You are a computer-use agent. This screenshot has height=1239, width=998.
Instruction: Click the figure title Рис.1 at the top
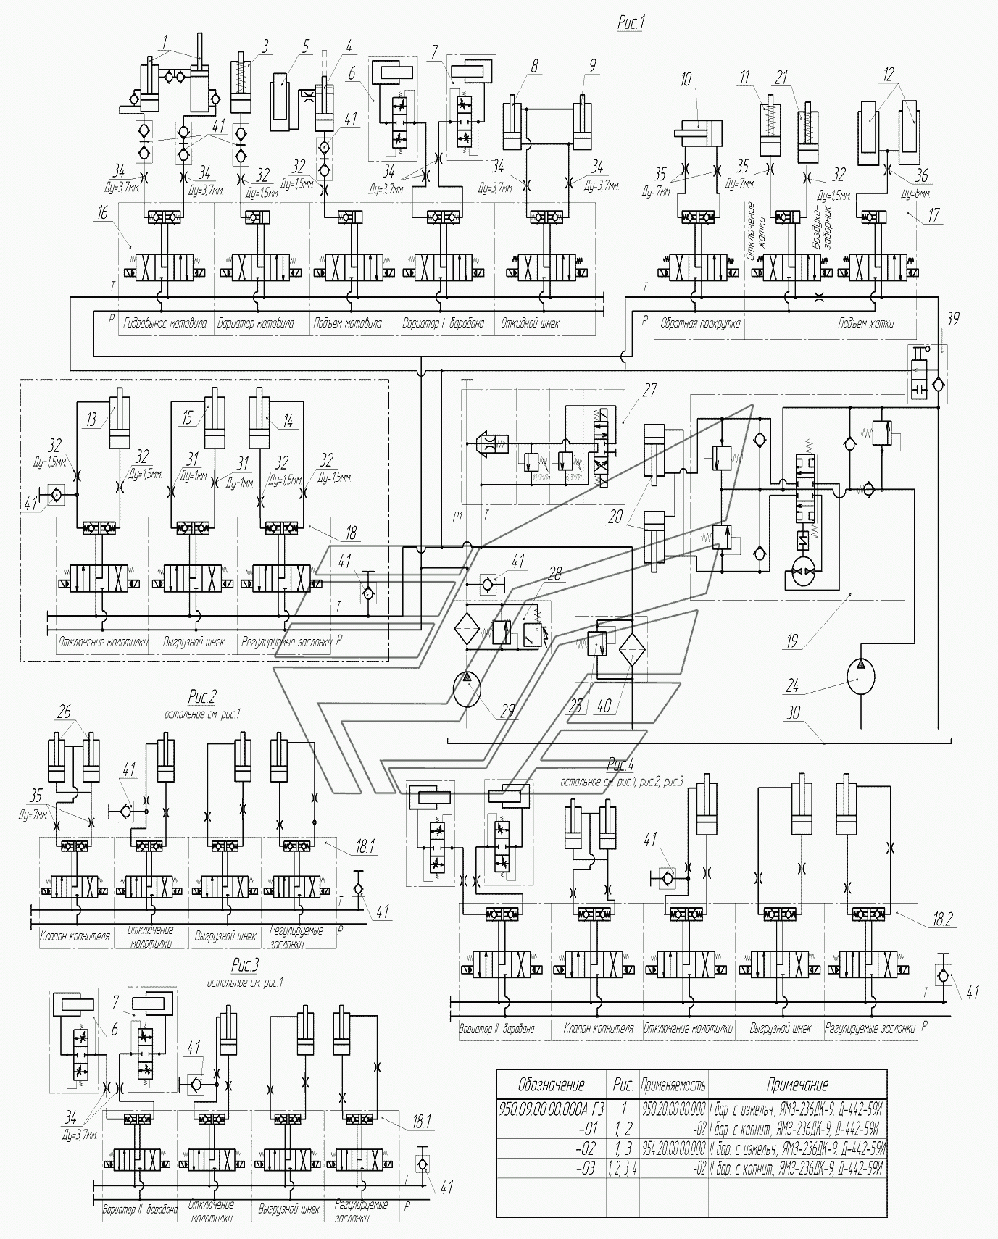coord(631,23)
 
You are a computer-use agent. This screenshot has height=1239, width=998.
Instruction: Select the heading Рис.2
coord(202,698)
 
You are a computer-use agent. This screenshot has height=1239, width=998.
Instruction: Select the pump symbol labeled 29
coord(466,688)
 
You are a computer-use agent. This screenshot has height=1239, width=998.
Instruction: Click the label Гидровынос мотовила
coord(165,324)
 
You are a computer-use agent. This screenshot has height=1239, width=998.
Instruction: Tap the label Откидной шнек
coord(530,324)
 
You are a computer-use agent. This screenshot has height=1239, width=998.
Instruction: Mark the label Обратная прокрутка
coord(699,324)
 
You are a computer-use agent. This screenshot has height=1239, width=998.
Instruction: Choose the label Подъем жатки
coord(865,324)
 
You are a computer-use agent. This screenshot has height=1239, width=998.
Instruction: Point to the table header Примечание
coord(797,1084)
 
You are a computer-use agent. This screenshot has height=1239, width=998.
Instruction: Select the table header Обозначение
coord(551,1084)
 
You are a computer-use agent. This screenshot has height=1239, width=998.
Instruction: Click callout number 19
coord(792,640)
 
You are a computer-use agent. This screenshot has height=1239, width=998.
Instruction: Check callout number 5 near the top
coord(305,47)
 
